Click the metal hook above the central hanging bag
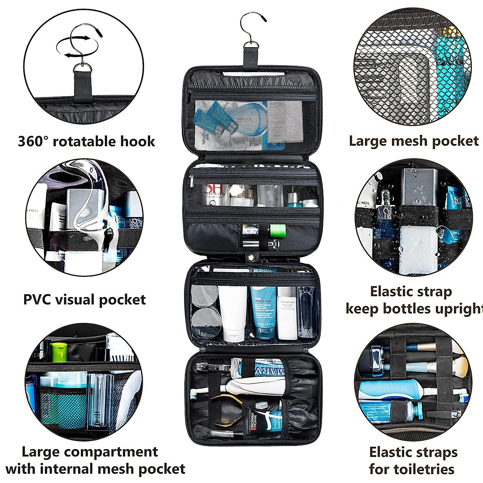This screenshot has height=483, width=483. (252, 29)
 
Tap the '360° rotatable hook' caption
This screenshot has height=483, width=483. (87, 141)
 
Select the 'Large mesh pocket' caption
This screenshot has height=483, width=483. (414, 141)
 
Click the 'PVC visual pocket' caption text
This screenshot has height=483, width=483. (85, 300)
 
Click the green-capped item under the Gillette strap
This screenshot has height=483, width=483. (278, 231)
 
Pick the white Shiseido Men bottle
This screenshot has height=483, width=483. (287, 312)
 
